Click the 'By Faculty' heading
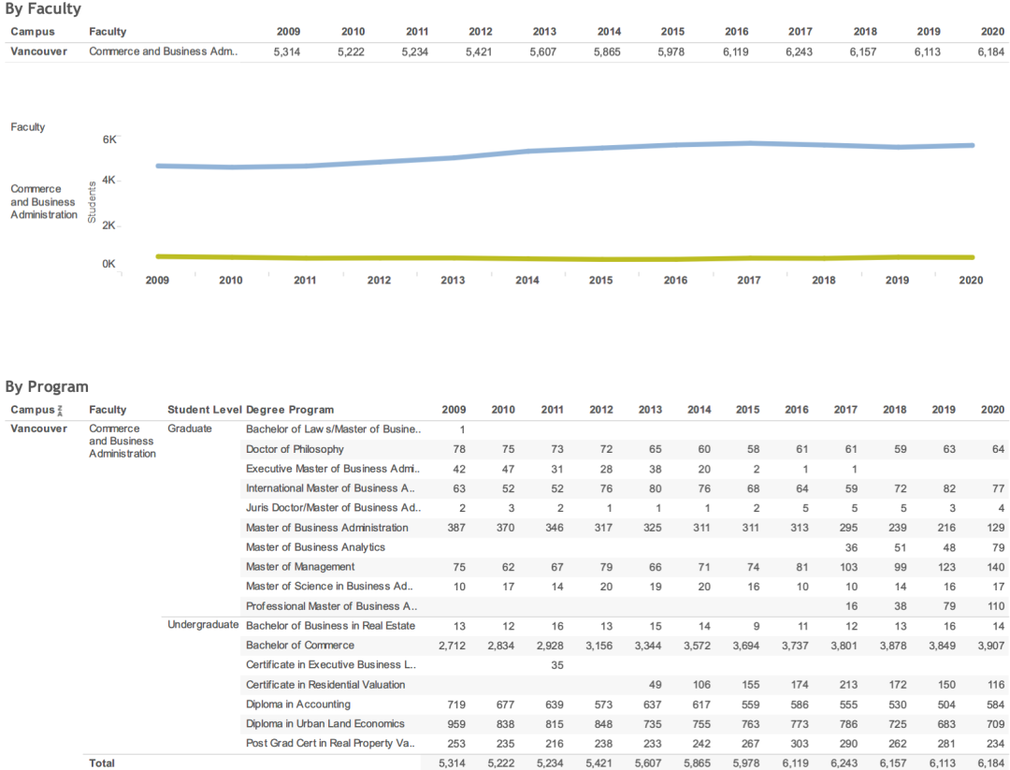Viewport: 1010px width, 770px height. click(43, 9)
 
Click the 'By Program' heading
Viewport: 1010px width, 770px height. click(47, 386)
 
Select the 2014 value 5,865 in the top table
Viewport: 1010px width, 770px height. click(607, 52)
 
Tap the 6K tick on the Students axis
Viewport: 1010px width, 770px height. click(109, 139)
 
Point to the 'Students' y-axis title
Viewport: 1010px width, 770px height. click(92, 202)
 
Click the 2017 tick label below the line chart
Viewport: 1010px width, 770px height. click(749, 280)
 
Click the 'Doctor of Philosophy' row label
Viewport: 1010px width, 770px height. click(295, 449)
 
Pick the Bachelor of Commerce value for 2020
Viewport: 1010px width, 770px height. click(988, 646)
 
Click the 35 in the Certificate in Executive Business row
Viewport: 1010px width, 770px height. click(552, 665)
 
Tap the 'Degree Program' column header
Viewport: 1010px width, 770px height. click(290, 410)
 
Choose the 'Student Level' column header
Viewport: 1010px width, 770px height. click(204, 410)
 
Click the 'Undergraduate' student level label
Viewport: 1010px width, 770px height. click(203, 625)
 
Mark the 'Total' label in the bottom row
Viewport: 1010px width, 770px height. click(102, 763)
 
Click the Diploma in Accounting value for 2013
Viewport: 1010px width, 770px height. click(649, 705)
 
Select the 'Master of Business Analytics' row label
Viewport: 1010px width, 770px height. click(315, 547)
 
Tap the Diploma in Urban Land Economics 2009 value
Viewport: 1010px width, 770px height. click(453, 724)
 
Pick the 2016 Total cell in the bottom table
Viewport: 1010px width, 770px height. click(794, 763)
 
